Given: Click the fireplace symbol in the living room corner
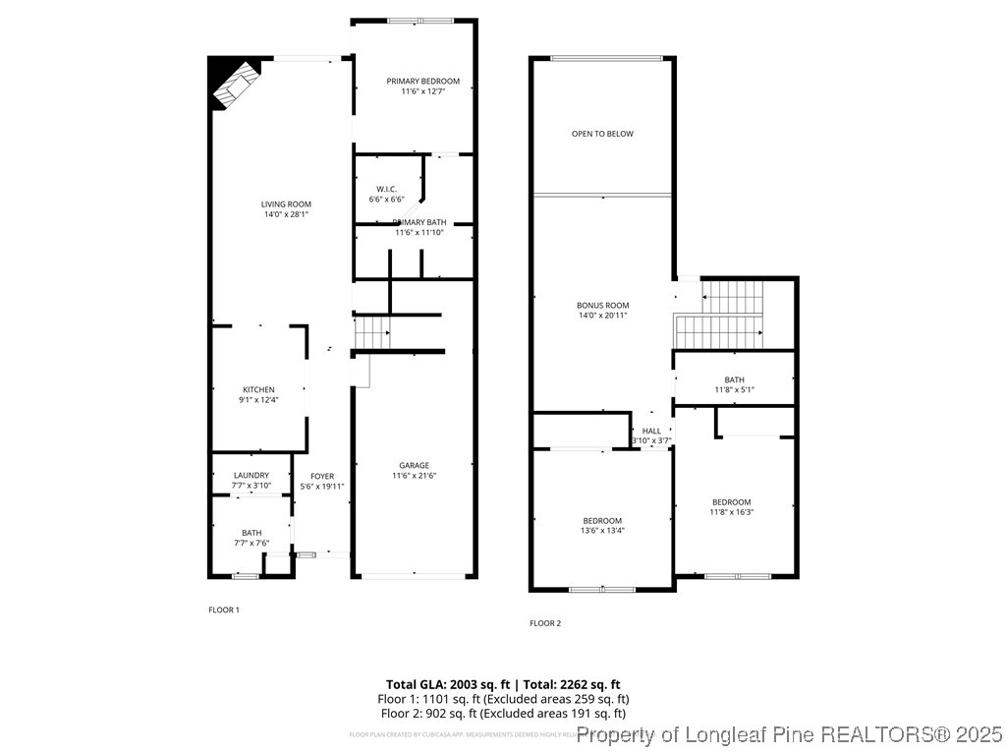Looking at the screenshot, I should pyautogui.click(x=237, y=84).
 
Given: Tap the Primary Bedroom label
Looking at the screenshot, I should pyautogui.click(x=422, y=81).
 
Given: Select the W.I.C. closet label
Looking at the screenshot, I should pyautogui.click(x=386, y=189).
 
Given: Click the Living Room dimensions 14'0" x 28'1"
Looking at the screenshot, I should pyautogui.click(x=286, y=214).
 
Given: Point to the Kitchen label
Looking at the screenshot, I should pyautogui.click(x=259, y=389).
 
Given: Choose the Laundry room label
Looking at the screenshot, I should pyautogui.click(x=251, y=475).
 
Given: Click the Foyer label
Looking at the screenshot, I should pyautogui.click(x=322, y=476).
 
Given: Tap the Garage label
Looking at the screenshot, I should pyautogui.click(x=414, y=465).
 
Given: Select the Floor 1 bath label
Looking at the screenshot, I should pyautogui.click(x=251, y=533).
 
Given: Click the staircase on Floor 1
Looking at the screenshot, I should pyautogui.click(x=372, y=332).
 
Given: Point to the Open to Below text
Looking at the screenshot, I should pyautogui.click(x=602, y=134).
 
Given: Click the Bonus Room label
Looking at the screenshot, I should pyautogui.click(x=602, y=305).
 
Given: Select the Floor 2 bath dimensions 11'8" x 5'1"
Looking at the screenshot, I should pyautogui.click(x=734, y=390).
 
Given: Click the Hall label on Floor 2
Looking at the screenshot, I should pyautogui.click(x=651, y=431).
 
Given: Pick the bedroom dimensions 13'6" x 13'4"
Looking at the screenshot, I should pyautogui.click(x=602, y=531).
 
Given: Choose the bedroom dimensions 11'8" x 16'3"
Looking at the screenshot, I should pyautogui.click(x=731, y=512).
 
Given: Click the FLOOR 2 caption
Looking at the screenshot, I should pyautogui.click(x=545, y=623).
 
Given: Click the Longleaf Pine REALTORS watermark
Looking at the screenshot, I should pyautogui.click(x=790, y=733).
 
